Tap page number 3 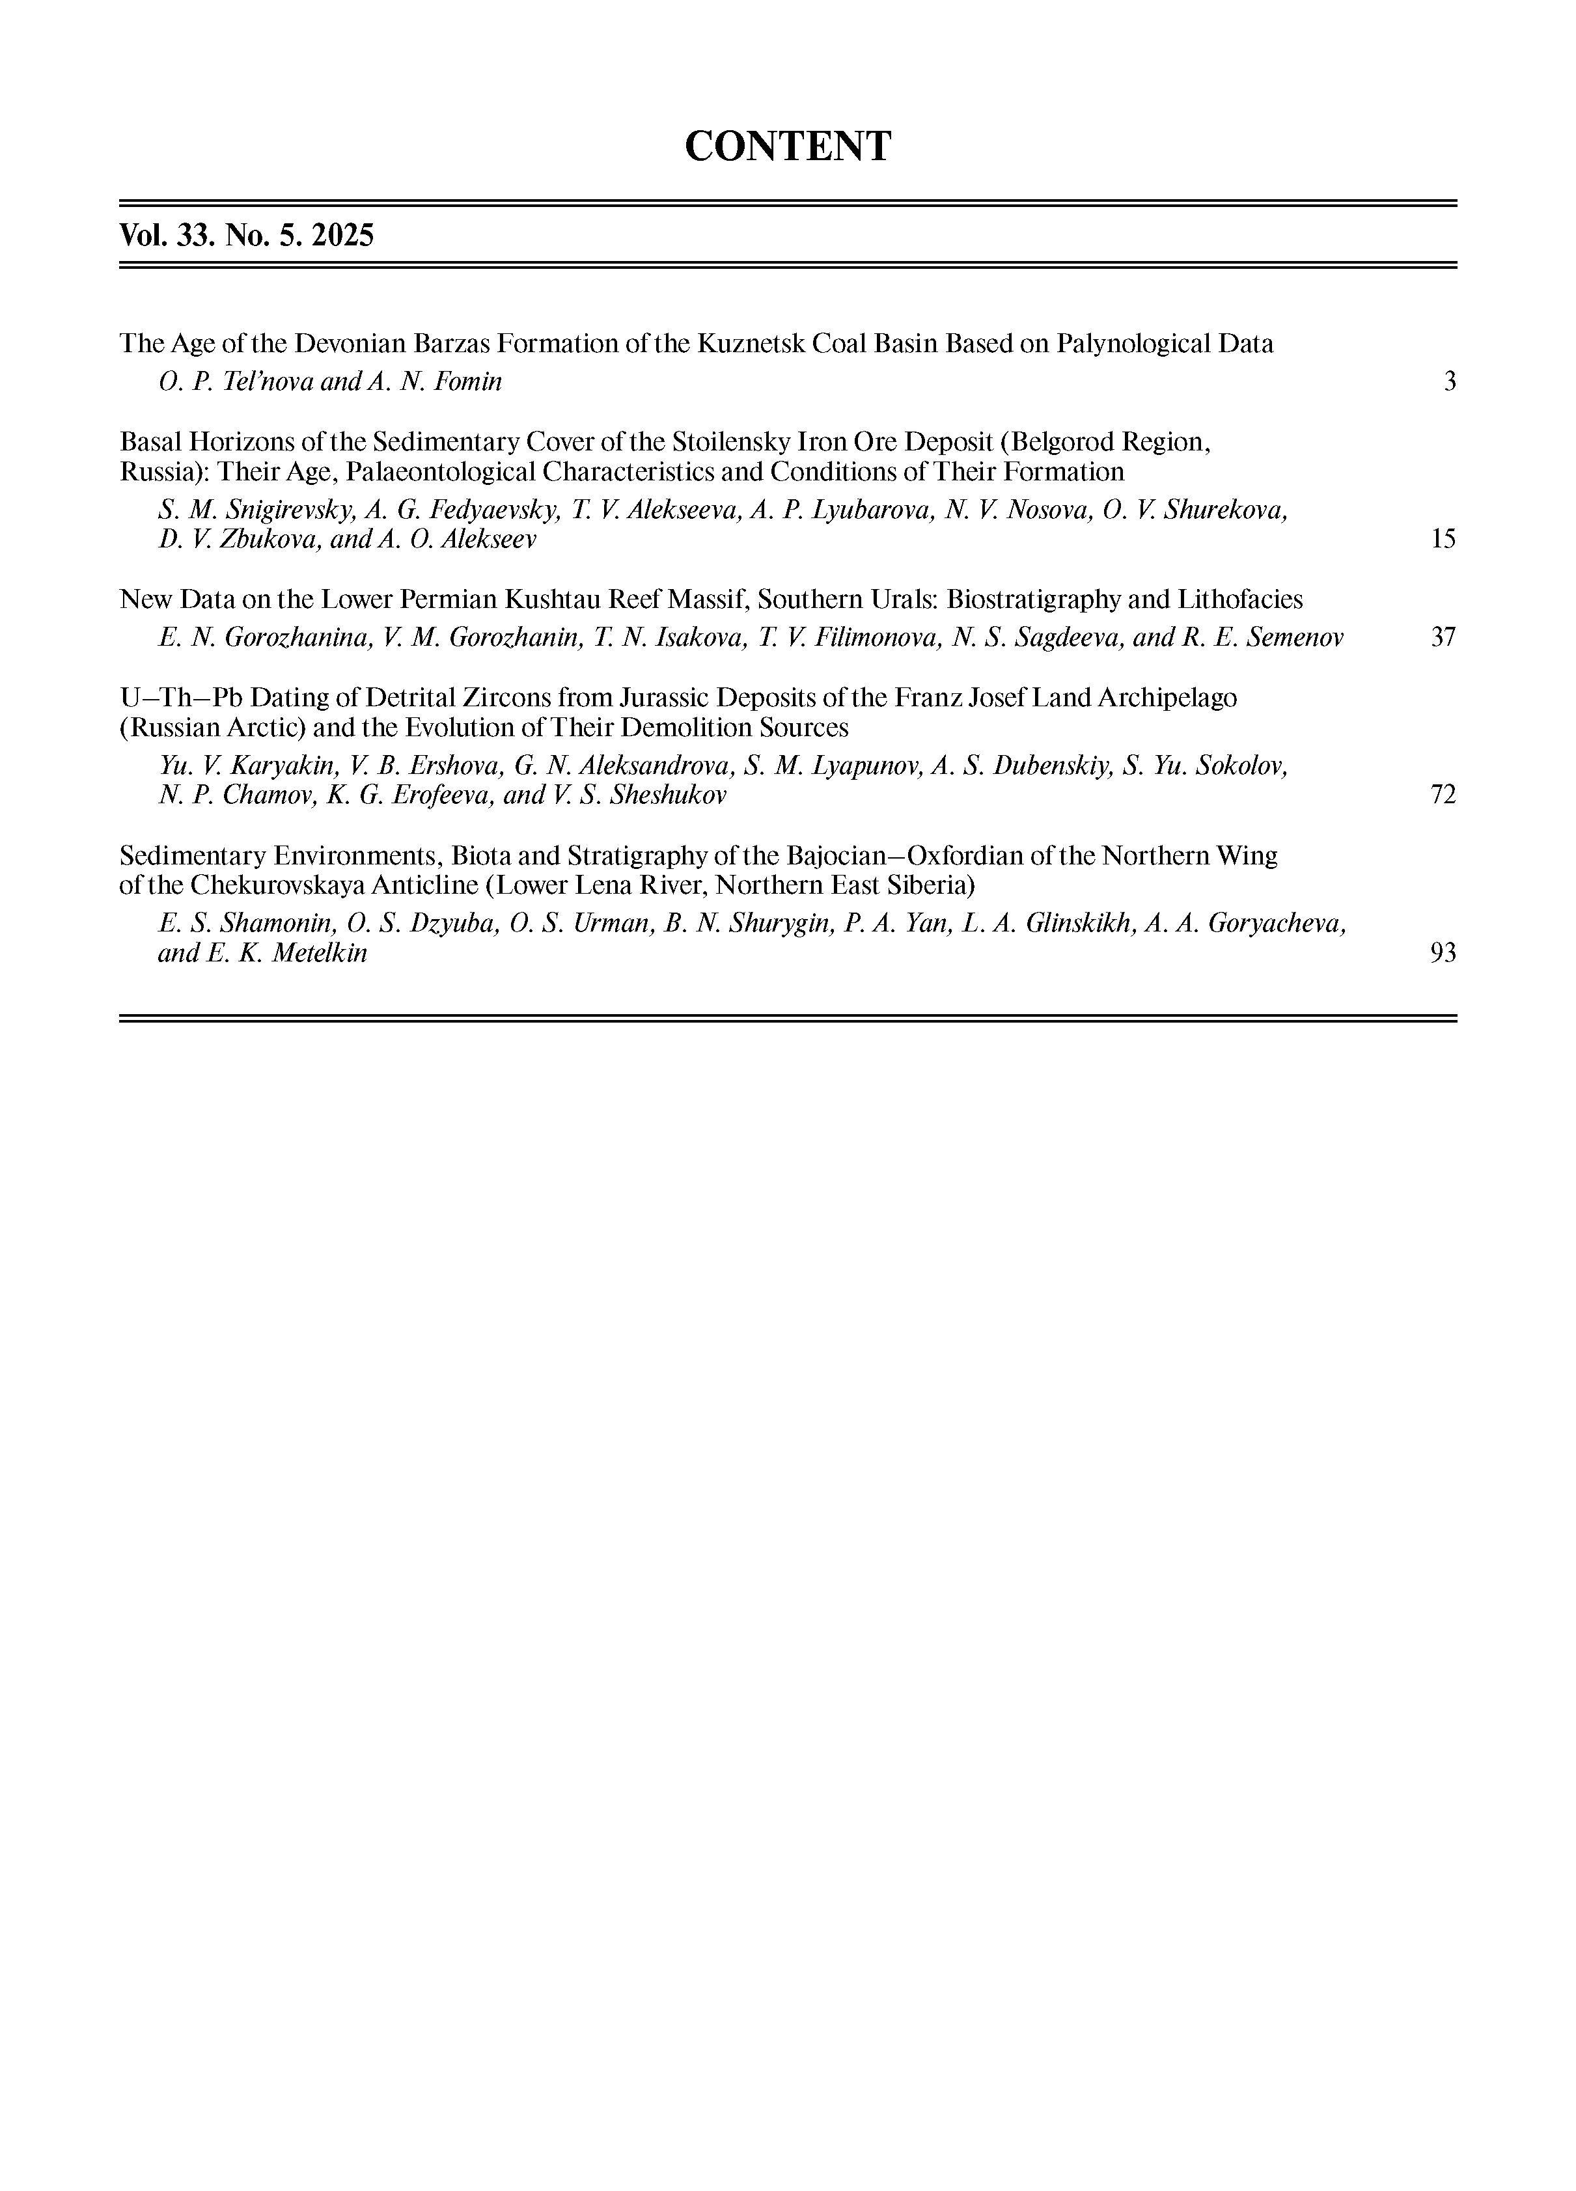click(x=1450, y=381)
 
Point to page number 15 click(x=1443, y=539)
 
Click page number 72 click(x=1443, y=795)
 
